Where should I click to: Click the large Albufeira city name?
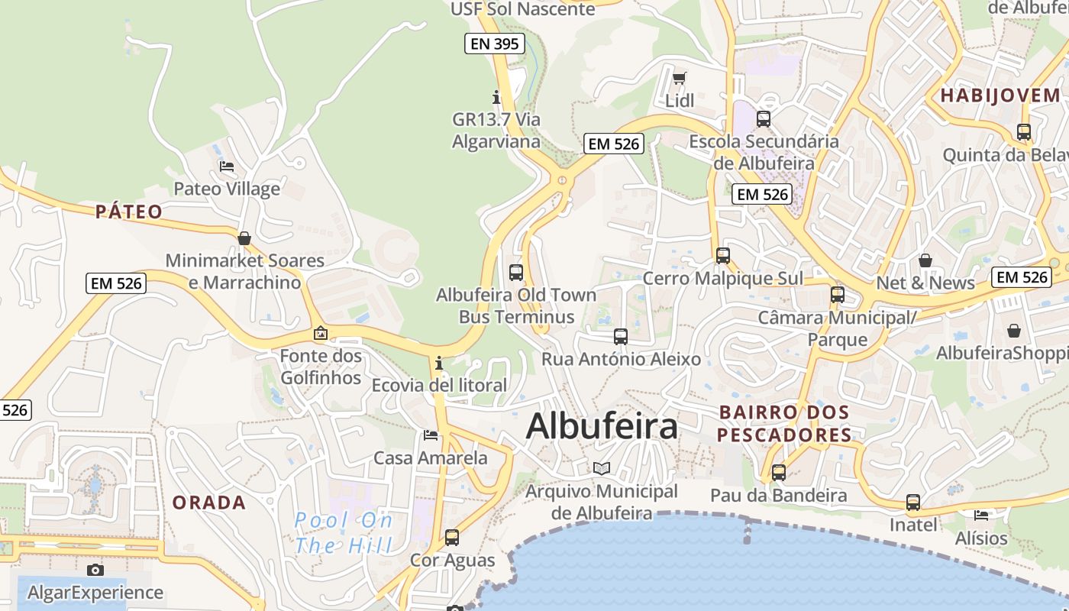tap(602, 426)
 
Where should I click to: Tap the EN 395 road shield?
tap(495, 44)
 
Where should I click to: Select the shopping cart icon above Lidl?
tap(679, 78)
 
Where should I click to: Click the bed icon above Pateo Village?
tap(227, 166)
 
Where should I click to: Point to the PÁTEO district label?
tap(129, 212)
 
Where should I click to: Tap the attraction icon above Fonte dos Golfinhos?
tap(321, 333)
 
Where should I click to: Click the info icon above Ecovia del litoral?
tap(439, 363)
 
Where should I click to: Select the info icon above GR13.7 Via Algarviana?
tap(496, 97)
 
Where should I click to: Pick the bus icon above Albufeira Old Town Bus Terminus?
tap(516, 272)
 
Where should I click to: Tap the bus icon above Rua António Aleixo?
tap(621, 336)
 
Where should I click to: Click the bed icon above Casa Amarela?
tap(431, 435)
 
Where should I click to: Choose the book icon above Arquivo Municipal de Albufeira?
tap(602, 468)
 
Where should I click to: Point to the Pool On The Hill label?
tap(344, 533)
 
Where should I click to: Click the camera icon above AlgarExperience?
tap(95, 570)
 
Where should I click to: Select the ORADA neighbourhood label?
tap(208, 503)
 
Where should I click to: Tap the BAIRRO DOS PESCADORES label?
tap(784, 424)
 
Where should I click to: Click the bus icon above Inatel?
tap(913, 503)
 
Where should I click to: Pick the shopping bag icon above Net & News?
tap(925, 260)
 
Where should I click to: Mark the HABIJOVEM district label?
tap(1000, 95)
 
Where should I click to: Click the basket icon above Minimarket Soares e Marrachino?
tap(244, 238)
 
